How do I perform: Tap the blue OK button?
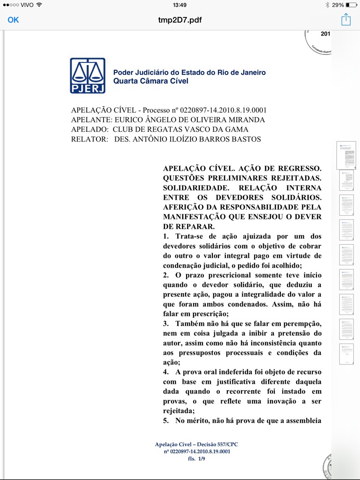click(13, 20)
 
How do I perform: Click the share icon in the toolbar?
click(346, 20)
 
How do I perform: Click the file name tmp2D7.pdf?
click(180, 20)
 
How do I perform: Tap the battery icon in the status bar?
click(351, 5)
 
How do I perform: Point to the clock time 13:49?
click(180, 5)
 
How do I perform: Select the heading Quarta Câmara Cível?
click(150, 81)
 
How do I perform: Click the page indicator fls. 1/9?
click(196, 458)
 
